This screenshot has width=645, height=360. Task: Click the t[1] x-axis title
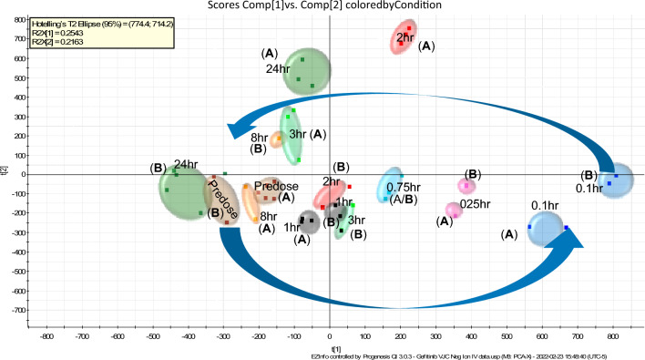point(336,347)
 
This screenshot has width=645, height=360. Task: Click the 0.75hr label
point(402,186)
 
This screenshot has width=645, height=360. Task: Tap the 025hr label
point(475,203)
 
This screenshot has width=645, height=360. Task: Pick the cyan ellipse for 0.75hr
point(390,185)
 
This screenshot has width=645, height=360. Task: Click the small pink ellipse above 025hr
point(466,186)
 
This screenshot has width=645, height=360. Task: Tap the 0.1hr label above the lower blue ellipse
point(544,206)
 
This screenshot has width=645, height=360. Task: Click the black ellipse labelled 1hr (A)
point(309,221)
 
